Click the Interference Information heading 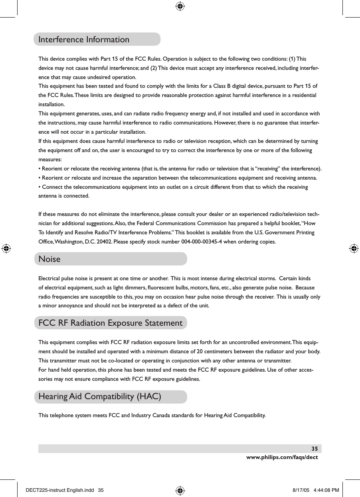click(x=84, y=40)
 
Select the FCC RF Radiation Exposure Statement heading click(x=110, y=323)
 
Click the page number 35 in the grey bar click(x=315, y=448)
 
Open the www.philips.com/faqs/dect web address click(x=282, y=457)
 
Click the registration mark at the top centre click(x=180, y=6)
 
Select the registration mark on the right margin click(x=353, y=248)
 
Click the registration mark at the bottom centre click(x=180, y=491)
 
